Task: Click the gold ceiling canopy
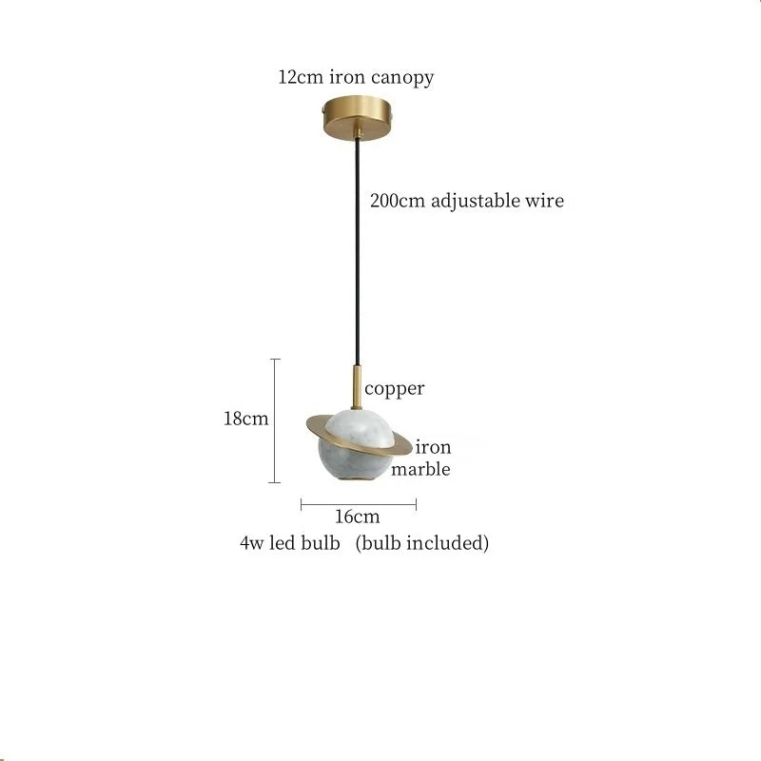click(359, 120)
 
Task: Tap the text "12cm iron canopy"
click(356, 77)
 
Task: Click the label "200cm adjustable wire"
click(466, 201)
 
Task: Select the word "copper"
click(395, 388)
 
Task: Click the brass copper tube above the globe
click(357, 386)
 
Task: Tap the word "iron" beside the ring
click(433, 447)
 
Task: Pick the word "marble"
click(420, 469)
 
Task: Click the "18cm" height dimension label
click(246, 419)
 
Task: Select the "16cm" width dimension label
click(358, 517)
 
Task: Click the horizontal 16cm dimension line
click(359, 504)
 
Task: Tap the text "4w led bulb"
click(289, 544)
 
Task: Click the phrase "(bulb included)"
click(422, 544)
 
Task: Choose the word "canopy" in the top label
click(405, 78)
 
